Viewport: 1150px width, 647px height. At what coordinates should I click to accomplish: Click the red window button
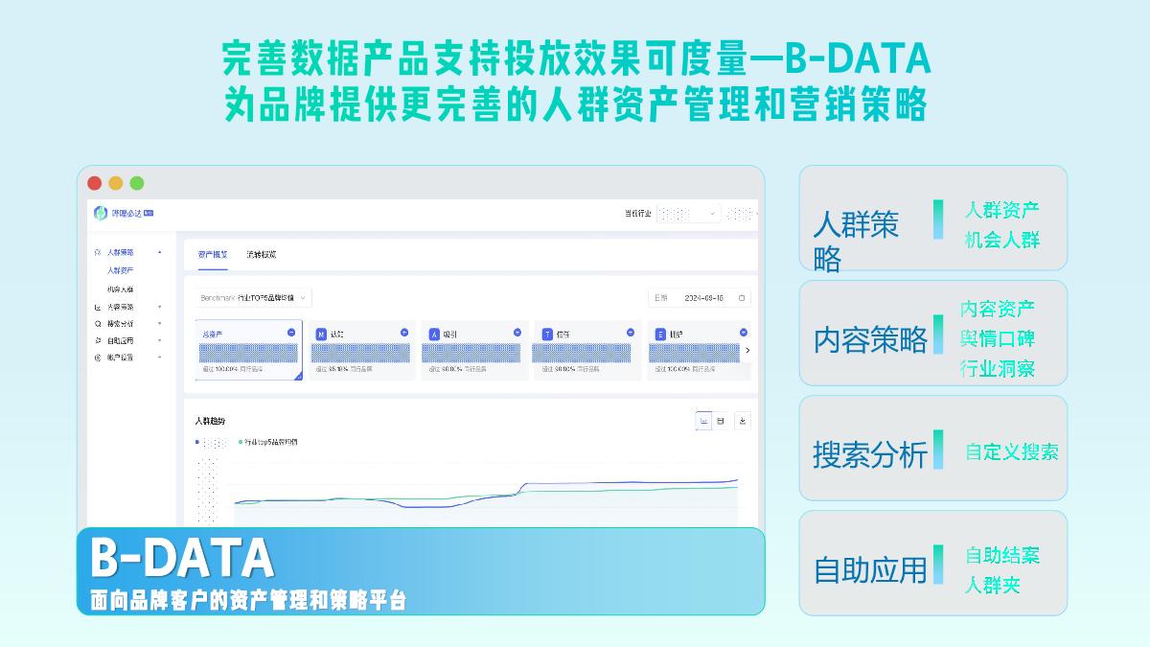(x=94, y=183)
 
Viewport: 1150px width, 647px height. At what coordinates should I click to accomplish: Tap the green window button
(x=137, y=183)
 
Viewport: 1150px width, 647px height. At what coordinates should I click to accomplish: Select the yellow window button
(x=115, y=183)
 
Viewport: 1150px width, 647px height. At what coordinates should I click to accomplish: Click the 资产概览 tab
(x=213, y=255)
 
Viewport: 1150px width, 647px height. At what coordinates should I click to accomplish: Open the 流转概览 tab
(x=261, y=255)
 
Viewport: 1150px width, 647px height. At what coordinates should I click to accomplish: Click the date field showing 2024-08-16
(x=700, y=298)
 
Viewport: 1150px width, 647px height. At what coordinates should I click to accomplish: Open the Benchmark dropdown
(x=254, y=298)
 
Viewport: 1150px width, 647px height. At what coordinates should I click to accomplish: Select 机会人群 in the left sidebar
(x=121, y=289)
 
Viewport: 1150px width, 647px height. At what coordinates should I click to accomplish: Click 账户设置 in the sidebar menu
(x=121, y=358)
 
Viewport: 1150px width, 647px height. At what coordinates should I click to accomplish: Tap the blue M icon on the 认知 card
(x=321, y=334)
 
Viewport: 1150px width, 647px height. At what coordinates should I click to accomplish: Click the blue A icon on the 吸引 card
(x=434, y=334)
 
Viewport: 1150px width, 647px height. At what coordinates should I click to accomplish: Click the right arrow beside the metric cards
(x=747, y=350)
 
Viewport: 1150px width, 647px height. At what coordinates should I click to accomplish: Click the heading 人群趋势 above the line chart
(x=210, y=421)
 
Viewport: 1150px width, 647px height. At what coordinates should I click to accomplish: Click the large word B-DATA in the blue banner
(x=182, y=557)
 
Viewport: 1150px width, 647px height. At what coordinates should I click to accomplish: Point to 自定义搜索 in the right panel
(x=1011, y=452)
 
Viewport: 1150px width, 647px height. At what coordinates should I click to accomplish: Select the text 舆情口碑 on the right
(x=998, y=338)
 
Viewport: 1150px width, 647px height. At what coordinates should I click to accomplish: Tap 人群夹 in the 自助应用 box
(x=992, y=585)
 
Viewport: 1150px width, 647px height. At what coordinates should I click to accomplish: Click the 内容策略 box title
(x=870, y=339)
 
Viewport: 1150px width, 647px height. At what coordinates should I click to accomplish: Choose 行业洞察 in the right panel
(x=998, y=368)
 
